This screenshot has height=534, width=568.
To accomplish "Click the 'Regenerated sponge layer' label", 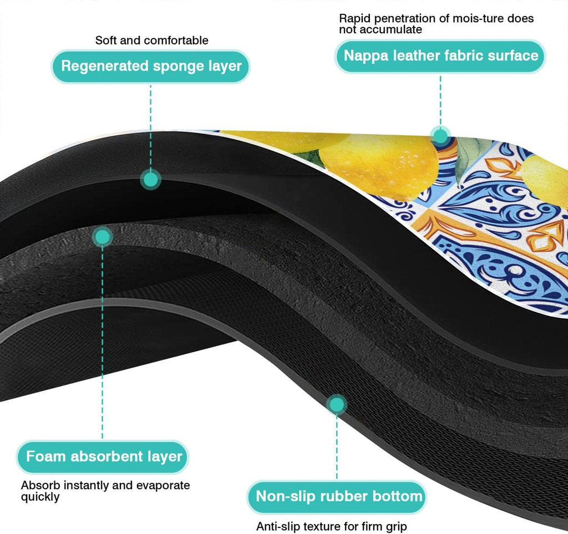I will (x=151, y=67).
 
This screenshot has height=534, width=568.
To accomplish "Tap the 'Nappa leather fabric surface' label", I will (x=440, y=55).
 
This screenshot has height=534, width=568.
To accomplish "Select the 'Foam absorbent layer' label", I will (x=104, y=457).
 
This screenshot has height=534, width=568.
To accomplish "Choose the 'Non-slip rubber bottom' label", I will (x=338, y=495).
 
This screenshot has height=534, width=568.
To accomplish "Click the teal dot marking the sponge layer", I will (x=150, y=179).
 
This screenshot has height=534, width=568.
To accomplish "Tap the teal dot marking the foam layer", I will (x=102, y=237).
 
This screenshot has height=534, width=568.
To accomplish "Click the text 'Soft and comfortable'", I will (x=152, y=40).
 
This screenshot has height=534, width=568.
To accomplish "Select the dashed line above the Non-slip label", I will (x=337, y=449).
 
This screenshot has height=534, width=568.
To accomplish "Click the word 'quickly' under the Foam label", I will (x=40, y=497).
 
